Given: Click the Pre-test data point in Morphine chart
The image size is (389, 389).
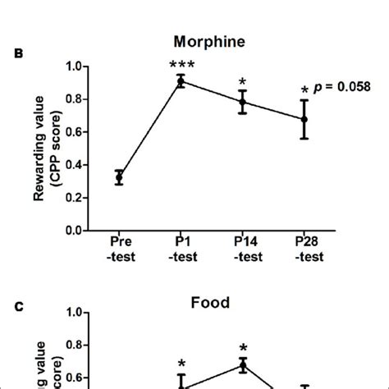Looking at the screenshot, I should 121,177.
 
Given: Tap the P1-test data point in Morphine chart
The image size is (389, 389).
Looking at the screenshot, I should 181,80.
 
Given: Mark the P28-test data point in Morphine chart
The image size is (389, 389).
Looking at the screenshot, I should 304,119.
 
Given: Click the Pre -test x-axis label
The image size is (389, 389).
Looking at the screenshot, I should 121,249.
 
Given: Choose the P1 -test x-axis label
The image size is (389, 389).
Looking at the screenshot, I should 181,249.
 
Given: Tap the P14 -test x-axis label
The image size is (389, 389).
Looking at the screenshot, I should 243,249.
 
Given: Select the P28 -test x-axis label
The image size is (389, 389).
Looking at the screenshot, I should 304,249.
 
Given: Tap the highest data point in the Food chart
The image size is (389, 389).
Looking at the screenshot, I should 243,364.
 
